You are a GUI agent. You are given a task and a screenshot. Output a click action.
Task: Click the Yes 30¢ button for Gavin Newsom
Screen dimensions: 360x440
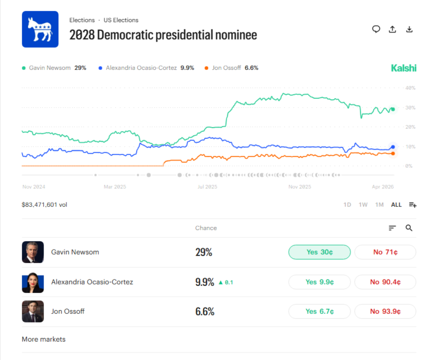[x=319, y=252]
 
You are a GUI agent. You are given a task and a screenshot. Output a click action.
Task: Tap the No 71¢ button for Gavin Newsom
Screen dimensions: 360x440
[x=385, y=252]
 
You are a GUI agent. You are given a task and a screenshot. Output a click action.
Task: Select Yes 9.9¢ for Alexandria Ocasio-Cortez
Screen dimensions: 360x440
[x=319, y=282]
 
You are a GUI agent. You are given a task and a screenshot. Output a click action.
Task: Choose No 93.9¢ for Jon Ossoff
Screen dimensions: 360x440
[x=385, y=311]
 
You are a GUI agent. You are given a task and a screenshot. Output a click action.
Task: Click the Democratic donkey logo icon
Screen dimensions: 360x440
[x=40, y=29]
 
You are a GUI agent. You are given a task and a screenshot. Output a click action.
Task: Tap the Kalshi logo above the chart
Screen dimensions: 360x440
[x=403, y=68]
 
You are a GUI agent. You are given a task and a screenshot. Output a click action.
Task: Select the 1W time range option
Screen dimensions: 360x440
[x=363, y=205]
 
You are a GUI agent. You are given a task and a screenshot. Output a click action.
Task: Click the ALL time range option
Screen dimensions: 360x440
[x=396, y=205]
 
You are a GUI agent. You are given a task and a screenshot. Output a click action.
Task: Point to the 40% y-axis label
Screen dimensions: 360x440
[x=410, y=88]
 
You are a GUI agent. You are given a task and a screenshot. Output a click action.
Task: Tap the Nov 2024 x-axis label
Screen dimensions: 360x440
[x=33, y=187]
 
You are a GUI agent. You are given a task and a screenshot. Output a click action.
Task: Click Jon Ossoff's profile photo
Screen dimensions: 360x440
[x=32, y=311]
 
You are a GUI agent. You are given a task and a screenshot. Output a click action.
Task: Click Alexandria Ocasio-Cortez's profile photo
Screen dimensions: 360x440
[x=32, y=282]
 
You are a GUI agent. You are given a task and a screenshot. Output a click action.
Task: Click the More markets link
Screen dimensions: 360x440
[x=44, y=339]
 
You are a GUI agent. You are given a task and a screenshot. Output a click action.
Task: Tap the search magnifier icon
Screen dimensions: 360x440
[x=409, y=228]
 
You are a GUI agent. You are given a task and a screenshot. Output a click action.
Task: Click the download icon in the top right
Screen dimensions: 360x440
[x=409, y=29]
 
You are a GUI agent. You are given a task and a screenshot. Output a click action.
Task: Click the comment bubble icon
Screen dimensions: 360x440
[x=376, y=29]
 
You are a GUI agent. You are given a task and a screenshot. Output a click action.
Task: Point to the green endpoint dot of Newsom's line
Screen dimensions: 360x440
[x=393, y=110]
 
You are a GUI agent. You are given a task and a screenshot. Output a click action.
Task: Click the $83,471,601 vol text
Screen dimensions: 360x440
[x=44, y=205]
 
